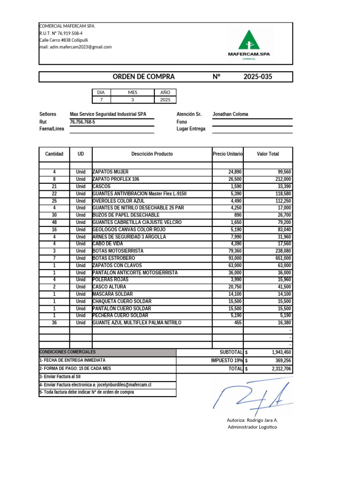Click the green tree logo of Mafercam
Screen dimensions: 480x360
point(248,40)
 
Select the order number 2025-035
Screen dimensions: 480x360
point(257,77)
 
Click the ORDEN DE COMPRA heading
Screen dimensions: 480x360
point(143,77)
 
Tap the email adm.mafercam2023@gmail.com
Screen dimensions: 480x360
point(75,47)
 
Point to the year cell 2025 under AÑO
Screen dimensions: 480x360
point(165,100)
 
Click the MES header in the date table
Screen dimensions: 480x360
point(132,92)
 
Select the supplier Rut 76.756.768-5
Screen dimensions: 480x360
point(82,122)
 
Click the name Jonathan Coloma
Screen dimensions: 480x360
point(230,114)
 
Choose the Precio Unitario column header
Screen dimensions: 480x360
point(228,154)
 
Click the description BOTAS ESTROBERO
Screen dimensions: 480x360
point(114,258)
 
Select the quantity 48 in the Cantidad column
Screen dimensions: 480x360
point(54,222)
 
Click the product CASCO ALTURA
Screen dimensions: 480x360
point(109,287)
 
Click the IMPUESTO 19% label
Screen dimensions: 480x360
point(227,360)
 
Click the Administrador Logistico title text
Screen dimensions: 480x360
point(252,427)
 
